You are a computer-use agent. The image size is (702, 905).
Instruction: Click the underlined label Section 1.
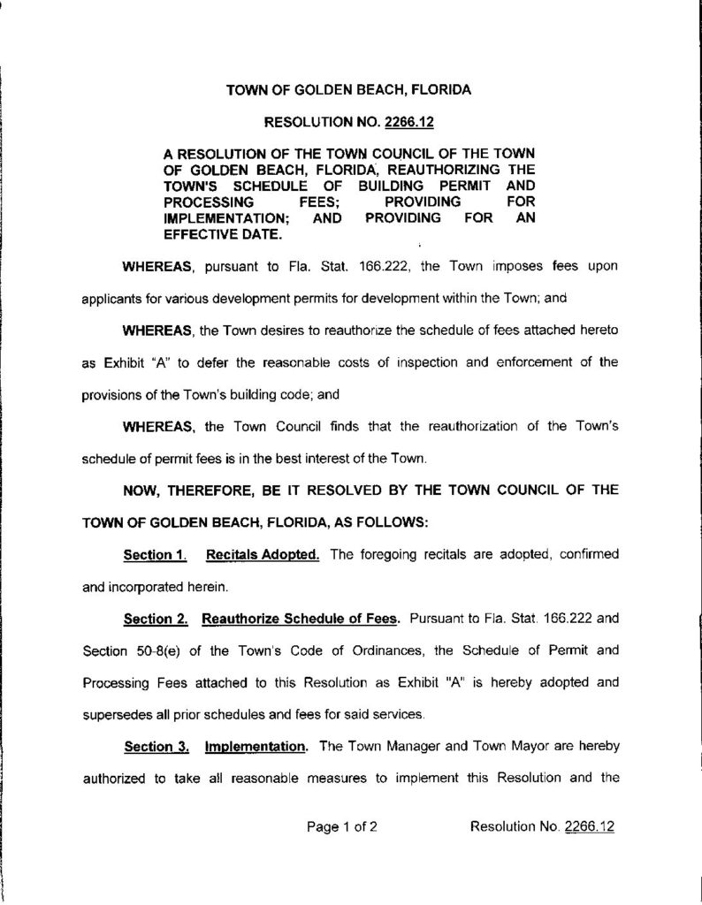[x=153, y=555]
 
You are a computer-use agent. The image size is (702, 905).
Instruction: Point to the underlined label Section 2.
[x=153, y=619]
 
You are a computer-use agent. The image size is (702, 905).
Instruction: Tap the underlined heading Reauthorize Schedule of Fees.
[x=297, y=619]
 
